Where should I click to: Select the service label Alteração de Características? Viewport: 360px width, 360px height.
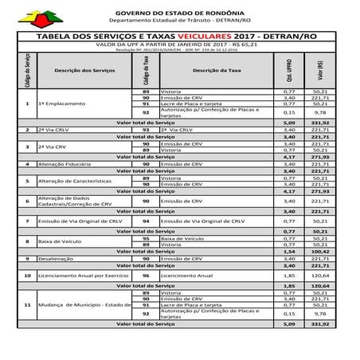click(x=70, y=181)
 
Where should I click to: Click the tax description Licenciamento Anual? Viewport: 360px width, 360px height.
click(x=186, y=275)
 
